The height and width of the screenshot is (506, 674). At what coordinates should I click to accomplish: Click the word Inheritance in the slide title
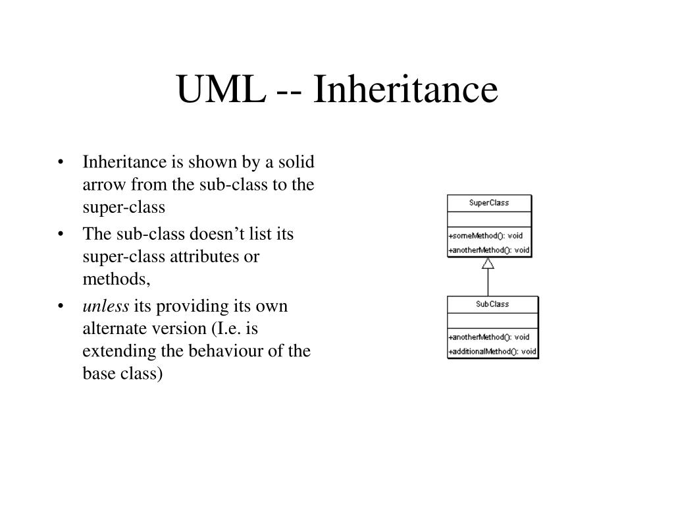coord(405,90)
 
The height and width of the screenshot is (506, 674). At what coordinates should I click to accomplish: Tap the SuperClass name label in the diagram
coord(489,203)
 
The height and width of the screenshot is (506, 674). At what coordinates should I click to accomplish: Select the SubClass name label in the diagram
coord(492,304)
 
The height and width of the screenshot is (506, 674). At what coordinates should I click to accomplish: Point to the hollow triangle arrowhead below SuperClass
coord(488,264)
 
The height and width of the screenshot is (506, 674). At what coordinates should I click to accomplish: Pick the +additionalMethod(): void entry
coord(492,352)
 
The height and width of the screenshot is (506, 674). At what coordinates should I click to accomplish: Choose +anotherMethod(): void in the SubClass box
coord(489,337)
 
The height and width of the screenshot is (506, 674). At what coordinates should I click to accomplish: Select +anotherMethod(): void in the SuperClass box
coord(489,250)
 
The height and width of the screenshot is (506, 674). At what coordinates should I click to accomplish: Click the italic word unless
coord(105,307)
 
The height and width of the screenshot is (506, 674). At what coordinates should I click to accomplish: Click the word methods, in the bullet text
coord(117,279)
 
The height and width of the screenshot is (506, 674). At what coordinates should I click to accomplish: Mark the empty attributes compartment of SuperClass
coord(489,219)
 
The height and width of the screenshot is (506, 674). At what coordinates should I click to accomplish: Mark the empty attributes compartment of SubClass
coord(492,321)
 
